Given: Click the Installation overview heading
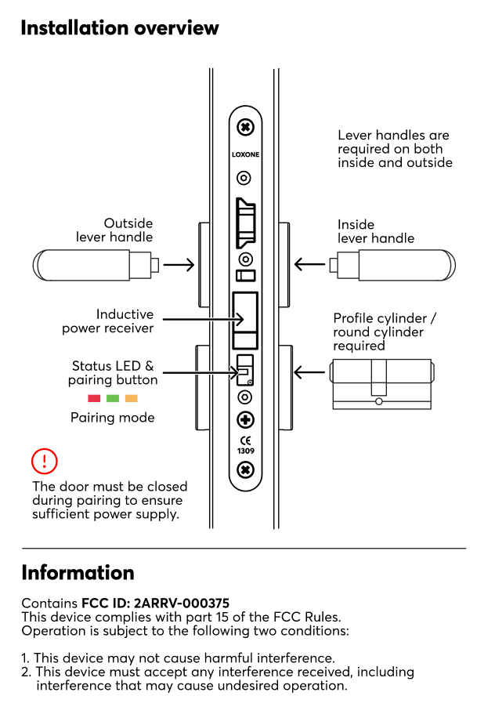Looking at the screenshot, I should pos(120,28).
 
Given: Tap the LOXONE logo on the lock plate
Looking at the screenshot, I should pos(245,154).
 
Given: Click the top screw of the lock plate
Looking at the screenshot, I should pos(245,126).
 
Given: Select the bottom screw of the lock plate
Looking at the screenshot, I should pos(245,470).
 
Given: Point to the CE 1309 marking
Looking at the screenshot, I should pos(245,445).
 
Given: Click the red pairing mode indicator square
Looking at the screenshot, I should pos(94,399).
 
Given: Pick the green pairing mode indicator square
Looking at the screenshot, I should pos(113,399).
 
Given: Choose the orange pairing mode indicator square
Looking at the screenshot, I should pos(132,399).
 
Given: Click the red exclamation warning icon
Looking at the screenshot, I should pos(45,461).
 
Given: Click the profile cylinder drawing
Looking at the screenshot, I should pos(381,384).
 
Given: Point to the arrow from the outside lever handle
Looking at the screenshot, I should pos(179,265).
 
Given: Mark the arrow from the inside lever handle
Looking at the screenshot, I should pos(310,265).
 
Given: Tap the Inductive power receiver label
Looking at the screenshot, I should pos(108,321).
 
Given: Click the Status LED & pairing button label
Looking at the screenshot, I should pos(113,373).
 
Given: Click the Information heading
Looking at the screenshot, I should pos(78,572).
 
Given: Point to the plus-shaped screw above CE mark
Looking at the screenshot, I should pos(245,419).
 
